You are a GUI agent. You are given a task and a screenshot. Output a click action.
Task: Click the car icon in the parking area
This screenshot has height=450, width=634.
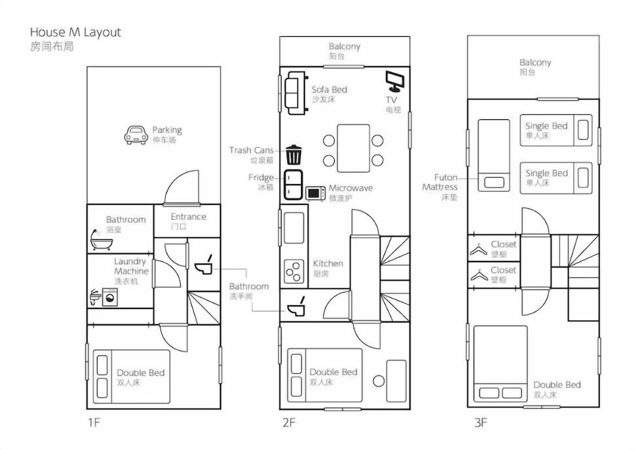(x=136, y=135)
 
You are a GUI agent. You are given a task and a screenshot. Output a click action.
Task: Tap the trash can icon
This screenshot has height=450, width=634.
(x=294, y=155)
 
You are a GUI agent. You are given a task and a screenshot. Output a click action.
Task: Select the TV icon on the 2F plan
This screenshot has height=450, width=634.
(x=394, y=81)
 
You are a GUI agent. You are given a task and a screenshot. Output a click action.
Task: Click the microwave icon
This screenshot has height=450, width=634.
(x=315, y=194)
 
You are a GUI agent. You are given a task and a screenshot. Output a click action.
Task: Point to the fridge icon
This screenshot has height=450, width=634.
(x=293, y=185)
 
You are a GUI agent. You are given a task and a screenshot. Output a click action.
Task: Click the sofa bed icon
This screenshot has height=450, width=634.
(x=296, y=93)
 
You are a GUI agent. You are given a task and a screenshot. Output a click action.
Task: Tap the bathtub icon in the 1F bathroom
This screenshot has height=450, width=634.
(x=101, y=240)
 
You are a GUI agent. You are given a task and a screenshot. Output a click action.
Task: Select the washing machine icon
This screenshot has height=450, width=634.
(x=110, y=296)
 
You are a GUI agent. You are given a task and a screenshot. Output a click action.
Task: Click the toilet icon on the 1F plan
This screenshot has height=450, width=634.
(x=204, y=265)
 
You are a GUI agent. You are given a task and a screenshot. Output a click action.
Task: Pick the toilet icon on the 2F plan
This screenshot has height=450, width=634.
(x=296, y=307)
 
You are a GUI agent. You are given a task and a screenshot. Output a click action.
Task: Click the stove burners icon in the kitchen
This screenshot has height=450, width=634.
(x=294, y=271)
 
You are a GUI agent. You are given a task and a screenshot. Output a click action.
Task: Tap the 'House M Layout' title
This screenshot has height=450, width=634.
(x=75, y=32)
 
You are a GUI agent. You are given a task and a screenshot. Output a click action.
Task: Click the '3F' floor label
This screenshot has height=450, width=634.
(x=481, y=423)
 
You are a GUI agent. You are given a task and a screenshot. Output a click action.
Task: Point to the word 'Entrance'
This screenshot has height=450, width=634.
(x=188, y=216)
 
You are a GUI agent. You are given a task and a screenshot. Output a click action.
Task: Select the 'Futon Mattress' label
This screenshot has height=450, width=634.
(x=440, y=182)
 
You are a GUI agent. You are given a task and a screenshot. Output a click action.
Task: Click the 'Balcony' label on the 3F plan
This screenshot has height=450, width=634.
(x=535, y=62)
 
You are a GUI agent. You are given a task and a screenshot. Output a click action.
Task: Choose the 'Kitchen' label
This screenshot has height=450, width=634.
(x=328, y=263)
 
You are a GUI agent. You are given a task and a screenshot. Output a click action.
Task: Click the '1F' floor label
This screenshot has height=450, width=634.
(x=93, y=423)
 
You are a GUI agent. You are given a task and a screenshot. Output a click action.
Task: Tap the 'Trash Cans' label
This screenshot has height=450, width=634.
(x=251, y=150)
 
